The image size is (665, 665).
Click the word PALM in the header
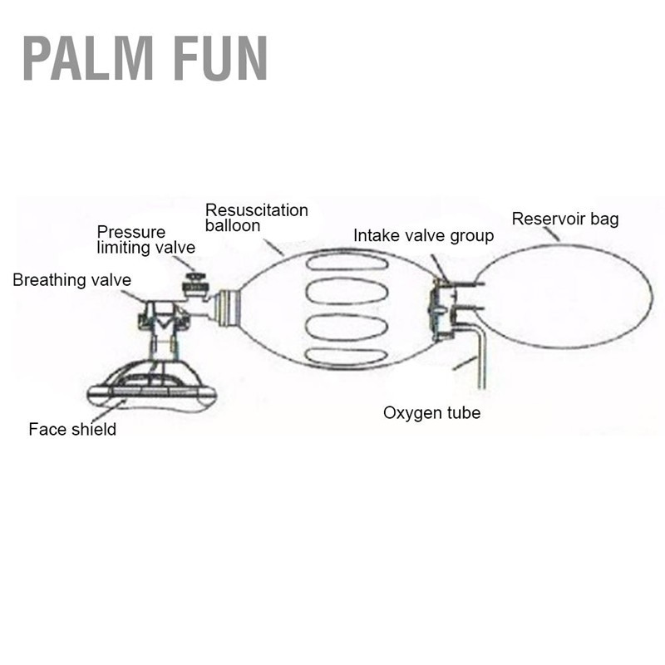[x=88, y=58]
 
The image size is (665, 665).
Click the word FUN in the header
[x=221, y=58]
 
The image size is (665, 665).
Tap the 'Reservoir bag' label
[x=565, y=219]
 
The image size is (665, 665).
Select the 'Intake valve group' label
[x=423, y=236]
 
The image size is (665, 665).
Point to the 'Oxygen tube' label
[x=431, y=413]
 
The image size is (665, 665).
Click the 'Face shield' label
[x=72, y=429]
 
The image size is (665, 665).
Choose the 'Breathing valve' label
[x=72, y=280]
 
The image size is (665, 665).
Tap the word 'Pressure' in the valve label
[x=131, y=232]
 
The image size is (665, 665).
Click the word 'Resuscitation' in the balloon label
[x=257, y=210]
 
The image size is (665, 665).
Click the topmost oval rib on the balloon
[x=347, y=263]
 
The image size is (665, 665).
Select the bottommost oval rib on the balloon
[x=346, y=357]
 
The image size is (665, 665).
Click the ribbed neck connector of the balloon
[x=228, y=308]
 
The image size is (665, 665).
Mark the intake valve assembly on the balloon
[x=443, y=309]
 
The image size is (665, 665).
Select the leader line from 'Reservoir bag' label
[x=551, y=234]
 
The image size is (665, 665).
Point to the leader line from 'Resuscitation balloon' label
[x=273, y=247]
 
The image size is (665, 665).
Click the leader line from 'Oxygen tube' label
[x=465, y=363]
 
